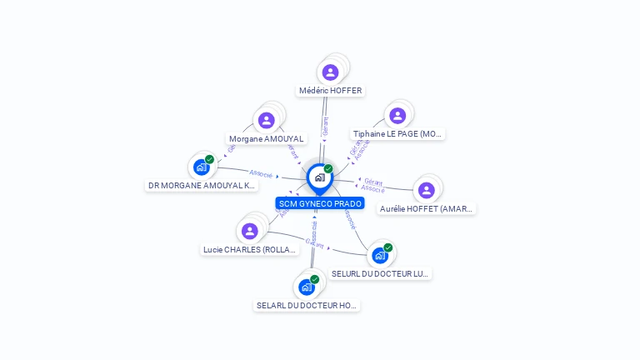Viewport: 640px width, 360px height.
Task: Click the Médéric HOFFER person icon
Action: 331,72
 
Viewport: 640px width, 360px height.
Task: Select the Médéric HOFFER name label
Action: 331,90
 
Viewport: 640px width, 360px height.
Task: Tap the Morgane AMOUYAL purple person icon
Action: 267,121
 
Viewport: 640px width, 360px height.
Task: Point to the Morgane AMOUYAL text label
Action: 266,138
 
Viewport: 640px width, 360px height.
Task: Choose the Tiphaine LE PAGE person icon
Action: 397,116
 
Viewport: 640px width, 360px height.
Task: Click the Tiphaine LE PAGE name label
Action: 398,133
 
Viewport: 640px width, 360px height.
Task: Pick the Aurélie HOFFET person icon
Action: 427,191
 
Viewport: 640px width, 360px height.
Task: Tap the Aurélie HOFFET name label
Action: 427,208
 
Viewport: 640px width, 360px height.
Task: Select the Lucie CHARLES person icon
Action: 249,231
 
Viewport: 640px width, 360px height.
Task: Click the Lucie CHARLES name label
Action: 250,249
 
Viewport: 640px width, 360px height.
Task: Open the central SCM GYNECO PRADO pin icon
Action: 319,177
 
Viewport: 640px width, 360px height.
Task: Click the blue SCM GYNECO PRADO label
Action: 320,203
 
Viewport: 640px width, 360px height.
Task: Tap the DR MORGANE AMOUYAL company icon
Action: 201,167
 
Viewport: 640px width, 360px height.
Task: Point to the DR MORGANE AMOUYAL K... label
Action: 201,185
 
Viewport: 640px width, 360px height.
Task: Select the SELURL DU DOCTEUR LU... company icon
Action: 380,255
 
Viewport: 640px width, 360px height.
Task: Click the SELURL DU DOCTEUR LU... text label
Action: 380,273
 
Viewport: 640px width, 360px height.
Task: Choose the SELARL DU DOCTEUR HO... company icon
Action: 307,287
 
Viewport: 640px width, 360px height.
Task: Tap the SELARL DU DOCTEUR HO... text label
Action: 307,306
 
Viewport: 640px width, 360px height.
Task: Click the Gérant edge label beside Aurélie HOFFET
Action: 372,182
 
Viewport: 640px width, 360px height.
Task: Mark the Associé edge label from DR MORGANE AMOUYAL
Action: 261,173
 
